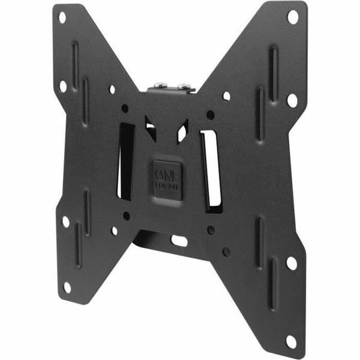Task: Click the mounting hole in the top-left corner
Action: [x=62, y=17]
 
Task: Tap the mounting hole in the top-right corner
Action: [x=292, y=16]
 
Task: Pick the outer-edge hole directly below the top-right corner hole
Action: [x=292, y=100]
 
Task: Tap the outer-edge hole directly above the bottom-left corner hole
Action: [x=65, y=221]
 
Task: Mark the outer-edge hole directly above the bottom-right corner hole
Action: [x=291, y=263]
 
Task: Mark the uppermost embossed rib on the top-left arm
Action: [x=74, y=57]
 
